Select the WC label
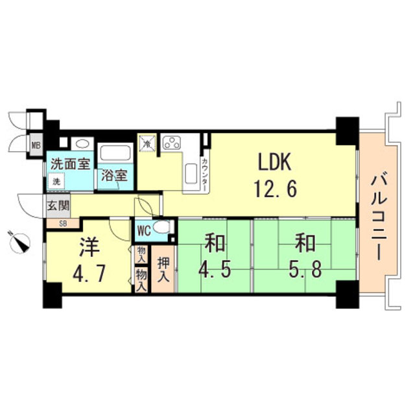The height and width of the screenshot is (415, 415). coord(143,230)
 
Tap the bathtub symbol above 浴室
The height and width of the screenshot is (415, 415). coord(117,155)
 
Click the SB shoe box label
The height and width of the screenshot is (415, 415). coord(63,224)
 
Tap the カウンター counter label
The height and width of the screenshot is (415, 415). coord(204,171)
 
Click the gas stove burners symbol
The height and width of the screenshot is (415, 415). coord(172,143)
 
